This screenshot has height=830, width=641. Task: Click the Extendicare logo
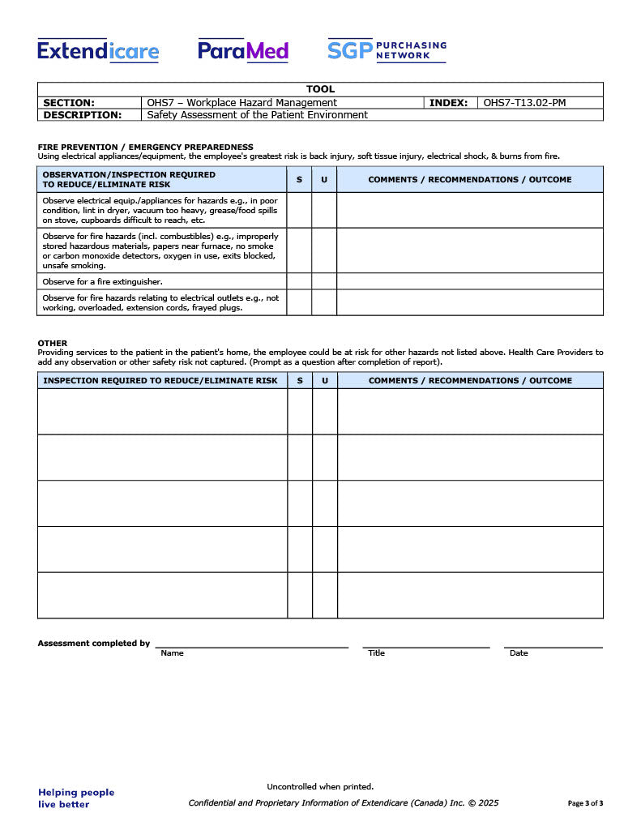pyautogui.click(x=98, y=51)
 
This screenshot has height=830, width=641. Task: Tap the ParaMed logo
pyautogui.click(x=243, y=51)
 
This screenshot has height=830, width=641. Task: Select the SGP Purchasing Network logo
pyautogui.click(x=387, y=50)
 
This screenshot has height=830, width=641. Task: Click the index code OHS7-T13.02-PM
pyautogui.click(x=524, y=103)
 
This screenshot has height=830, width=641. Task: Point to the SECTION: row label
pyautogui.click(x=69, y=103)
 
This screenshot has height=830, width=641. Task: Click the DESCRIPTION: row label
pyautogui.click(x=82, y=115)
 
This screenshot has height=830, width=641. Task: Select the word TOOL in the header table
pyautogui.click(x=320, y=89)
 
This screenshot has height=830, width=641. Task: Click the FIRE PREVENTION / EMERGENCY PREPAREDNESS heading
pyautogui.click(x=146, y=147)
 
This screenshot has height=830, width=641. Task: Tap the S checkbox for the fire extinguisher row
pyautogui.click(x=299, y=281)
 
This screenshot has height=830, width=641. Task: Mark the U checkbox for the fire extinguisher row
pyautogui.click(x=324, y=281)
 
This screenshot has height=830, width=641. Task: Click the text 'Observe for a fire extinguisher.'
pyautogui.click(x=102, y=281)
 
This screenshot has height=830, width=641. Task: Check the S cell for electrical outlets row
pyautogui.click(x=299, y=302)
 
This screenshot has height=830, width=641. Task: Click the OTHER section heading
pyautogui.click(x=53, y=343)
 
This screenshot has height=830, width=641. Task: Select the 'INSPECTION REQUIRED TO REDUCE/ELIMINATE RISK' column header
pyautogui.click(x=160, y=380)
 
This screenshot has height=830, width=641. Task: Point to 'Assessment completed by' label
pyautogui.click(x=94, y=644)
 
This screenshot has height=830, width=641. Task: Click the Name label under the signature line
pyautogui.click(x=172, y=653)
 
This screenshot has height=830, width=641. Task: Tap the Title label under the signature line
pyautogui.click(x=376, y=653)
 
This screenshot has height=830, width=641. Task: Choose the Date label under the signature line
pyautogui.click(x=519, y=653)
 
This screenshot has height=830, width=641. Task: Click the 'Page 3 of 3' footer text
pyautogui.click(x=585, y=803)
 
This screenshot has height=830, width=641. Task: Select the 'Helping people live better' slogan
pyautogui.click(x=76, y=798)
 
